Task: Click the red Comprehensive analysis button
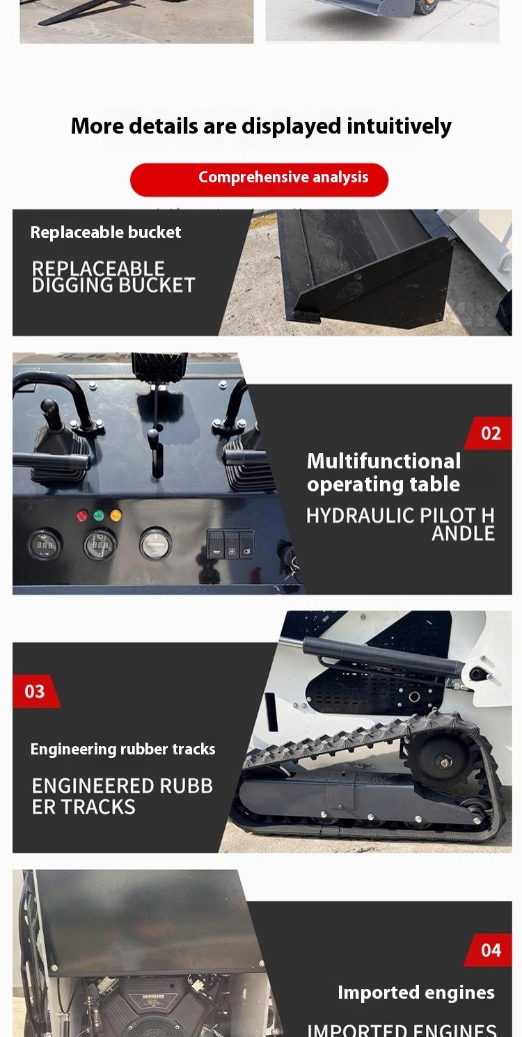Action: pyautogui.click(x=259, y=180)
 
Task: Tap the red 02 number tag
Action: pyautogui.click(x=489, y=434)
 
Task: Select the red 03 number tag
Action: pyautogui.click(x=36, y=691)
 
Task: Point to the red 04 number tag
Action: pyautogui.click(x=489, y=951)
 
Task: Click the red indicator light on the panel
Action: pyautogui.click(x=82, y=516)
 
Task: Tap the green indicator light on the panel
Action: pyautogui.click(x=99, y=515)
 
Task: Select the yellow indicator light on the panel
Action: pyautogui.click(x=116, y=515)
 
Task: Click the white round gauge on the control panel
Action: pyautogui.click(x=155, y=544)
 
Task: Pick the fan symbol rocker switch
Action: pyautogui.click(x=232, y=544)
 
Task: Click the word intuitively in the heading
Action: pyautogui.click(x=399, y=127)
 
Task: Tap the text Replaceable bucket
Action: pyautogui.click(x=106, y=232)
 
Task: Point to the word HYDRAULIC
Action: pyautogui.click(x=360, y=516)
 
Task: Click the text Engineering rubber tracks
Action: pyautogui.click(x=122, y=749)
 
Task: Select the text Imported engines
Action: pyautogui.click(x=416, y=992)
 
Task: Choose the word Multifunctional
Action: pyautogui.click(x=383, y=461)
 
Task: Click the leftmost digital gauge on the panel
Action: pyautogui.click(x=44, y=545)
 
